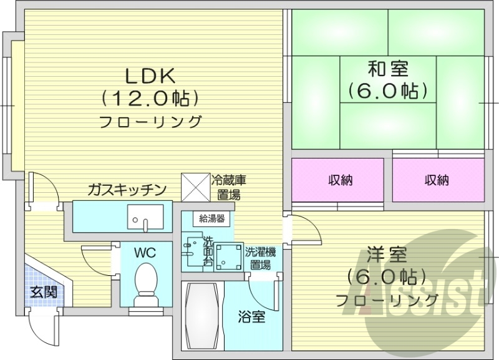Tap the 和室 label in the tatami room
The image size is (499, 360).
[x=387, y=67]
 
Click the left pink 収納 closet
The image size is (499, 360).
[x=337, y=180]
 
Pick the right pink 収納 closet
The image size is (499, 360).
[x=438, y=180]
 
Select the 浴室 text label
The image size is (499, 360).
[x=252, y=316]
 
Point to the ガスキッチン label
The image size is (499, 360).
[x=127, y=189]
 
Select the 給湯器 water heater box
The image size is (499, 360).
[x=212, y=218]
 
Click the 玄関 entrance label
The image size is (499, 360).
[x=44, y=291]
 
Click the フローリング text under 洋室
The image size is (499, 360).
[x=387, y=300]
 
